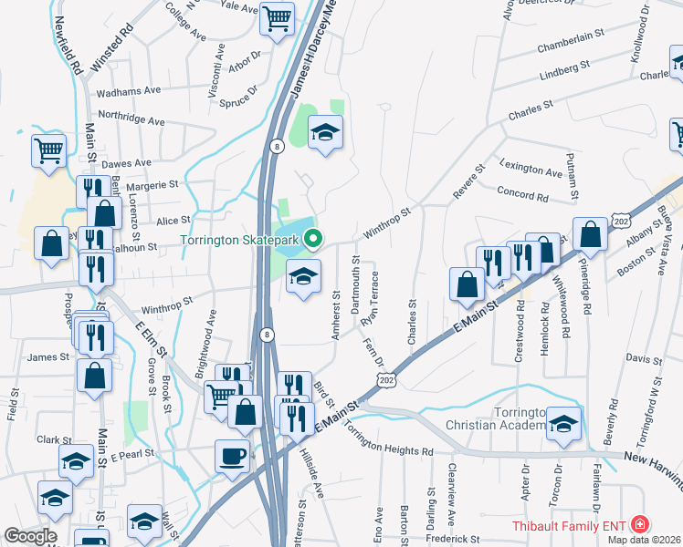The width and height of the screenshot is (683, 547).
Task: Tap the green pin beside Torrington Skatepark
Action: point(313,240)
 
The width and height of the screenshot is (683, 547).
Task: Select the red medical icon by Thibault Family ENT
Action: point(640,524)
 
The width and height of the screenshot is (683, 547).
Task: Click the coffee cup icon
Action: point(232,453)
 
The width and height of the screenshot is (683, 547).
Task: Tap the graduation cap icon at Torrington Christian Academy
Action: point(563,424)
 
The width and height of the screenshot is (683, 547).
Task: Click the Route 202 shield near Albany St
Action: point(622,221)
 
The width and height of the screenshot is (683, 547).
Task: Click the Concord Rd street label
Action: point(523,193)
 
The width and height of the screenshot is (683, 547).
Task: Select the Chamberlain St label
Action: point(572,46)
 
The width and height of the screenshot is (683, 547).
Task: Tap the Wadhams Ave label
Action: point(128,91)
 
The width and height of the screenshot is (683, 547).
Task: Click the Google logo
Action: point(30,537)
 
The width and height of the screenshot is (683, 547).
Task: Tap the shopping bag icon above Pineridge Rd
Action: point(590,235)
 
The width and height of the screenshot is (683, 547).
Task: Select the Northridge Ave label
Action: point(131,119)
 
